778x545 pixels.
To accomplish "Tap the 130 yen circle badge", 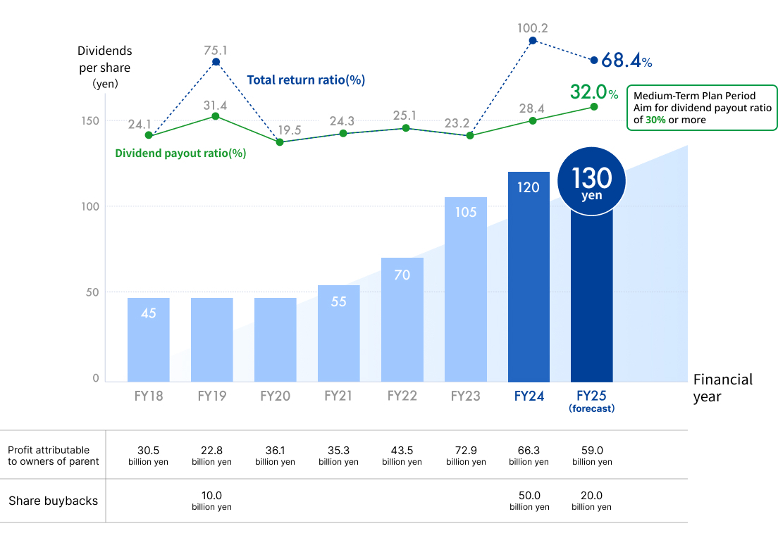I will (x=591, y=182).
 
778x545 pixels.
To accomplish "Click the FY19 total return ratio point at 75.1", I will (x=216, y=62).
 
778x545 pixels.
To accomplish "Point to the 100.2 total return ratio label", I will (x=532, y=28).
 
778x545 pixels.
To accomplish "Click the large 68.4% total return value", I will (x=626, y=61).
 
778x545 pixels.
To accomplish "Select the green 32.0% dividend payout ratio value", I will (x=593, y=92).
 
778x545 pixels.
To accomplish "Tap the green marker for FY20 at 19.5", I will (x=280, y=142).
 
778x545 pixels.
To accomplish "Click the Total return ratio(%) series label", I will (x=306, y=80).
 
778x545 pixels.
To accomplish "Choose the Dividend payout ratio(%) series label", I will (x=180, y=153).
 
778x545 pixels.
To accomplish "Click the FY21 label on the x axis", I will (x=338, y=396).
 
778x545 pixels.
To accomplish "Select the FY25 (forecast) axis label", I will (x=591, y=401).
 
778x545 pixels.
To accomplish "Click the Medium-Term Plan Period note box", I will (x=702, y=108).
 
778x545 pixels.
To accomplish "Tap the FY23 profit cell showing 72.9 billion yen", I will (x=466, y=455).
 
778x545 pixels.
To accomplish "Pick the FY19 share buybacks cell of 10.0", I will (x=211, y=500).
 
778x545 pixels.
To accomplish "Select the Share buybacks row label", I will (x=53, y=501).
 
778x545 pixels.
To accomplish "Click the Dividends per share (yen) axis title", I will (x=104, y=67).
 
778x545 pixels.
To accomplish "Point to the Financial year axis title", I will (x=722, y=388).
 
